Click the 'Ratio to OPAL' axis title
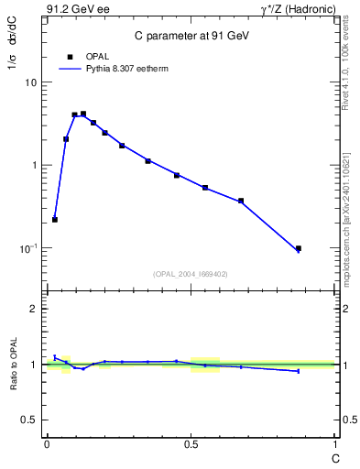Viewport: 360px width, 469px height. (x=15, y=365)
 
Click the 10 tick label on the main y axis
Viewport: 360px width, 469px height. (x=30, y=82)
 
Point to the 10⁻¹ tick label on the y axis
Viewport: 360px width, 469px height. (x=27, y=248)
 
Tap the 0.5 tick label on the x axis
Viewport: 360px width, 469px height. (x=191, y=442)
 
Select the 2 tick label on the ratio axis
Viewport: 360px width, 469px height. (x=34, y=309)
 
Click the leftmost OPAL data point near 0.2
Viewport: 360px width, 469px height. (x=55, y=220)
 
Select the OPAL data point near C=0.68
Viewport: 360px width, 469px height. (x=241, y=201)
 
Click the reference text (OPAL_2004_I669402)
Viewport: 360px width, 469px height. (x=190, y=273)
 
